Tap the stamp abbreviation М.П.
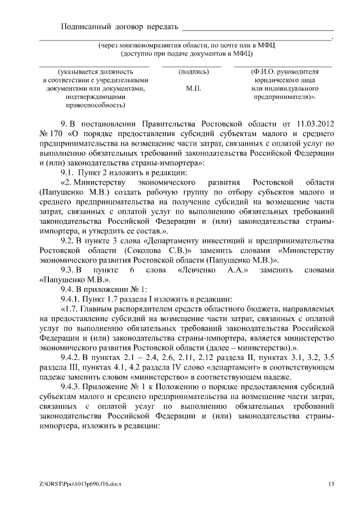coord(193,88)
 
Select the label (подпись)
coord(193,72)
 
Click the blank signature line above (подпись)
coord(192,66)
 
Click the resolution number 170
coord(57,133)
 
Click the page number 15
coord(332,484)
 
